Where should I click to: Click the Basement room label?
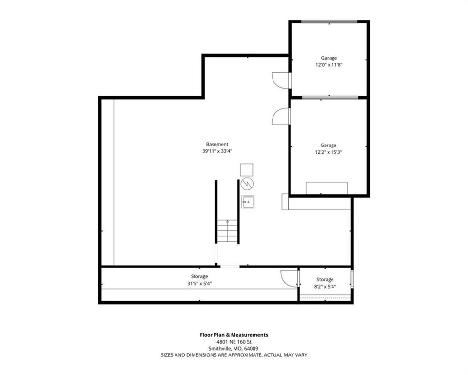[217, 144]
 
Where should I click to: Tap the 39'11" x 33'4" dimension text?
[217, 151]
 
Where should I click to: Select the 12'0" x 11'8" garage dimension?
[329, 65]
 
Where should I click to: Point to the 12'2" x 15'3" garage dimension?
[328, 152]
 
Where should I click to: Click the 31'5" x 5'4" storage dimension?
[199, 284]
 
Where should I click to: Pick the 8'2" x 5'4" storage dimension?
[325, 287]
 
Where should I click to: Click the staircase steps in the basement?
[228, 231]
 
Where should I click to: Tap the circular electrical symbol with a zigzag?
[247, 184]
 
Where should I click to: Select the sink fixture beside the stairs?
[248, 202]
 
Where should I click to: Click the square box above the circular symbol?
[247, 169]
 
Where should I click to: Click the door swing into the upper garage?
[280, 80]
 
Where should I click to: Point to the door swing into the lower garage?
[280, 116]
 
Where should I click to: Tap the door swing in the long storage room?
[289, 278]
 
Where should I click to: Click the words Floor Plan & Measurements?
[234, 335]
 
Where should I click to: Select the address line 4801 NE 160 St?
[234, 342]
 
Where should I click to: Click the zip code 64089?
[251, 348]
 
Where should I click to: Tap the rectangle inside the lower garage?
[327, 188]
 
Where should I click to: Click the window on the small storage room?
[352, 278]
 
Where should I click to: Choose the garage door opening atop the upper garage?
[329, 21]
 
